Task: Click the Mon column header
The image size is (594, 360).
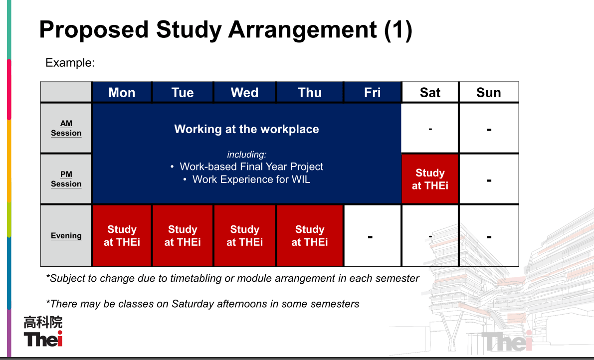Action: (122, 92)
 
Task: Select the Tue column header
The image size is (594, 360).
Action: (183, 92)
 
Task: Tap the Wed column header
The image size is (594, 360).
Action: (245, 92)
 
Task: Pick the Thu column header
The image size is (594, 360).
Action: (310, 92)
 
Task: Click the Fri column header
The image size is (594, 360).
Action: (373, 92)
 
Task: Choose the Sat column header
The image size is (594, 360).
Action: (430, 92)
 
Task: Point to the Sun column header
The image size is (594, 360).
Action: (489, 92)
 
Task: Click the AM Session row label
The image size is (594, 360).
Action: (66, 128)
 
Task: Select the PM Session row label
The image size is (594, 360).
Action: (66, 179)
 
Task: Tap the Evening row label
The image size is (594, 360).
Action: (66, 235)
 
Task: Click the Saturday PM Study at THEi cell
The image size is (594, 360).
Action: (430, 179)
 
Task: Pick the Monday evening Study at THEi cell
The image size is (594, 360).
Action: (122, 235)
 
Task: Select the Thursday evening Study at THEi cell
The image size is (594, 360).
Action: (310, 235)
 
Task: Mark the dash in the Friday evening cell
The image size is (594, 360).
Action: (370, 237)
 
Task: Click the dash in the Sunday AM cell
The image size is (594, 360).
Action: (489, 130)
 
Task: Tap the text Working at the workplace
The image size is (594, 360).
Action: (246, 129)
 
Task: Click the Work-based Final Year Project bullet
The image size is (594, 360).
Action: (247, 167)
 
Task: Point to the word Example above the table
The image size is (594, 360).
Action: (70, 62)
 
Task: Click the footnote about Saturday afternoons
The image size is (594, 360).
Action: (202, 304)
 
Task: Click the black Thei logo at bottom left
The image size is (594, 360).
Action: (43, 339)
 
